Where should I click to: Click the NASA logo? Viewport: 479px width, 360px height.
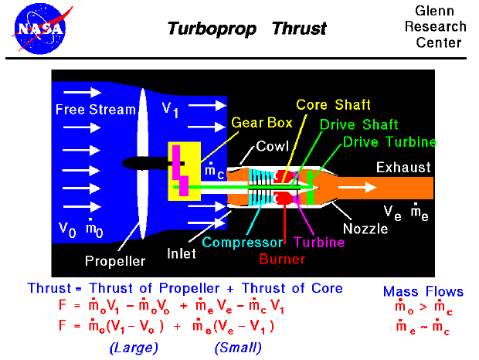click(x=38, y=28)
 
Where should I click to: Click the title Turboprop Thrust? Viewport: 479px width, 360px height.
click(x=247, y=29)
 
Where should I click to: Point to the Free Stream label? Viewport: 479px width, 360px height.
click(x=95, y=110)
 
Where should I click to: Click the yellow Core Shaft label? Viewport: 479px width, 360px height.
click(x=334, y=105)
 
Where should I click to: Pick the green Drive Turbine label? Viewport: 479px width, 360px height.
click(x=389, y=142)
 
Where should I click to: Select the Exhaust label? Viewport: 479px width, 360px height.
click(x=403, y=168)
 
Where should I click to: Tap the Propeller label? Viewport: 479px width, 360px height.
click(x=115, y=261)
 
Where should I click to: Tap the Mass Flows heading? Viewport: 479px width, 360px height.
click(x=423, y=291)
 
